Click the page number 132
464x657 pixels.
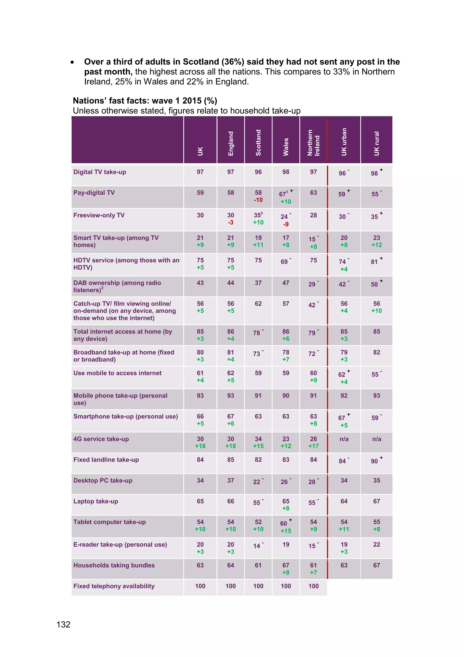click(63, 624)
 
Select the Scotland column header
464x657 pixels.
click(258, 142)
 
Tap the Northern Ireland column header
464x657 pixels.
click(313, 142)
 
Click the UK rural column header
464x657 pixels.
click(377, 143)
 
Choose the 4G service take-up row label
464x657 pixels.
click(101, 439)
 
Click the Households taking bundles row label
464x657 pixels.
click(114, 565)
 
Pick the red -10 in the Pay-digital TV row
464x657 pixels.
click(258, 200)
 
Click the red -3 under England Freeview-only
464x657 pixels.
click(231, 222)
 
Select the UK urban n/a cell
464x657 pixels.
click(344, 439)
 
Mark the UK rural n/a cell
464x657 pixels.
click(377, 439)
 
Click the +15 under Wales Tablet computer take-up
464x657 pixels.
click(286, 531)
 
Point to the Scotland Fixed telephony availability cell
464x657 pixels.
click(258, 586)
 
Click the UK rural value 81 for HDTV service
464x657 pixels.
click(374, 262)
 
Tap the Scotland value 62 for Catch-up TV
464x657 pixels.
click(258, 304)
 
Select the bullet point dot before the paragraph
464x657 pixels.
click(72, 62)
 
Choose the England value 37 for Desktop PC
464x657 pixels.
click(231, 480)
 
